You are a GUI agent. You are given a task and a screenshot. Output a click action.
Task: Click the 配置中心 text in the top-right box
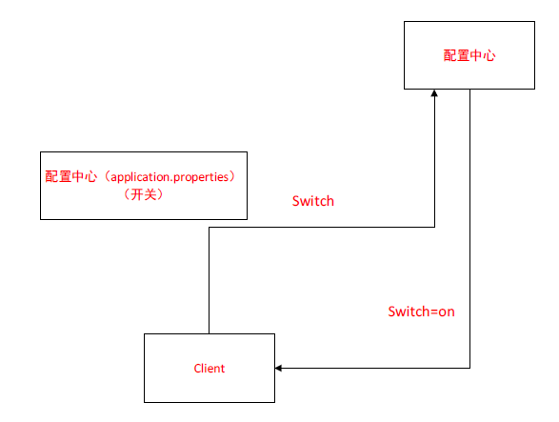pyautogui.click(x=469, y=55)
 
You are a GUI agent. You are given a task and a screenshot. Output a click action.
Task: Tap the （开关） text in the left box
pyautogui.click(x=144, y=194)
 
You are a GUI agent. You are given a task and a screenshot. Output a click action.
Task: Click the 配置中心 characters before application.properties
pyautogui.click(x=70, y=177)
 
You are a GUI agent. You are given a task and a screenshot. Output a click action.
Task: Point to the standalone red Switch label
pyautogui.click(x=312, y=202)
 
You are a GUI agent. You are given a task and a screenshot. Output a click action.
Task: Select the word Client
pyautogui.click(x=209, y=368)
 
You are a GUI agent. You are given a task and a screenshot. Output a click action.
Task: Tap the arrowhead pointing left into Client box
pyautogui.click(x=281, y=368)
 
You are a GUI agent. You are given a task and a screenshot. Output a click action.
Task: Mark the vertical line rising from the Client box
pyautogui.click(x=209, y=281)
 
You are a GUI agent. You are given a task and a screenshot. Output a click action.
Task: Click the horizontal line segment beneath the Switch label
pyautogui.click(x=321, y=228)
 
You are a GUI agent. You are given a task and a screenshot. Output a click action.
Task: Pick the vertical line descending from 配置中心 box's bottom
pyautogui.click(x=470, y=229)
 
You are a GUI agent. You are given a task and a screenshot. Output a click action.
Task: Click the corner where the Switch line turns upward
pyautogui.click(x=434, y=228)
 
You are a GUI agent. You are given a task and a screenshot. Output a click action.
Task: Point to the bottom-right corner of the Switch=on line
pyautogui.click(x=470, y=368)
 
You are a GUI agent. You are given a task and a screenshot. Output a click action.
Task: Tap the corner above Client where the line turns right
pyautogui.click(x=209, y=228)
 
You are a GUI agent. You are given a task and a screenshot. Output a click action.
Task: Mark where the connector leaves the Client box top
pyautogui.click(x=209, y=333)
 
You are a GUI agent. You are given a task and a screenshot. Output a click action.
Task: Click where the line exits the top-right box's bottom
pyautogui.click(x=470, y=90)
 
